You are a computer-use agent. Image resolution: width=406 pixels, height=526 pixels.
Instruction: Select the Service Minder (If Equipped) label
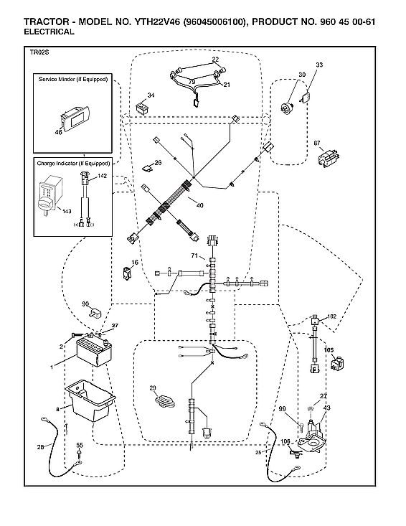tap(72, 79)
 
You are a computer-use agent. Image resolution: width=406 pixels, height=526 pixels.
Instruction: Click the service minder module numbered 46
tap(74, 118)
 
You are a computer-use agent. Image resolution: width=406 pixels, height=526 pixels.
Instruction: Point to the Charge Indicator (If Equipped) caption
tap(72, 164)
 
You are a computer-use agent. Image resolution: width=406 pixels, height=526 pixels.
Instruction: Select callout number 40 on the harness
tap(199, 206)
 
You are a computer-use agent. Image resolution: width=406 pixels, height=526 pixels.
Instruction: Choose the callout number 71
tap(194, 256)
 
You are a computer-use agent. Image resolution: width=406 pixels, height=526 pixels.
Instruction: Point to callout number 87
tap(317, 144)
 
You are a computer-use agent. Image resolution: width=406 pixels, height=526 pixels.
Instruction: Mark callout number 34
tap(151, 95)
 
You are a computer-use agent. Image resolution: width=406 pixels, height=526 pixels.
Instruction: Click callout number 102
tap(331, 316)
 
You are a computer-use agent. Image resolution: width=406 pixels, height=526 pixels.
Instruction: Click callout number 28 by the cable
tap(40, 448)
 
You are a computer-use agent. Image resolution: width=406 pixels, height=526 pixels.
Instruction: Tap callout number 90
tap(85, 304)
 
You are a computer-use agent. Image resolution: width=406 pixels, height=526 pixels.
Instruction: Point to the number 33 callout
tap(319, 65)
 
